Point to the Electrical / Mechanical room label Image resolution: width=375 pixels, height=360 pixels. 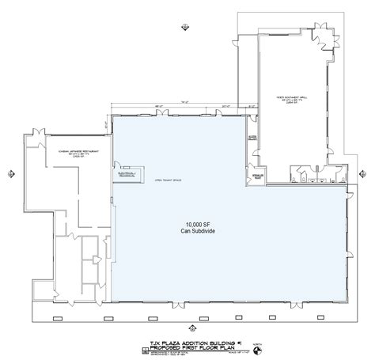click(127, 173)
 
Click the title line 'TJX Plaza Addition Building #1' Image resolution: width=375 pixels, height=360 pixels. click(186, 337)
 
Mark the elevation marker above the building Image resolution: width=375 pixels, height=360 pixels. click(185, 25)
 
